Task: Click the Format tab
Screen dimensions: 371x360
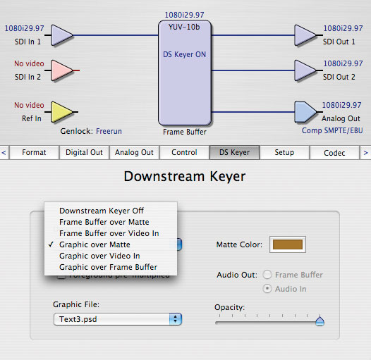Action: pos(34,152)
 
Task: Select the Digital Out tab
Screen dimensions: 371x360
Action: pos(84,152)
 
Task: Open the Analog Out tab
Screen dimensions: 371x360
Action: pos(134,152)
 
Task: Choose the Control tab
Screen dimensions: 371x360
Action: pos(184,152)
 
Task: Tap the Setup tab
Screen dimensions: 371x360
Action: pos(284,152)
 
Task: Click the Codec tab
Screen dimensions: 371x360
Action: pos(334,153)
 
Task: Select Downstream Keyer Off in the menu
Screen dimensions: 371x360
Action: pos(102,211)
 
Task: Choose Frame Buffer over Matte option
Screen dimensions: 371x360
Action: pos(104,222)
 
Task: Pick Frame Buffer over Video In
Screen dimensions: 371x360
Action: pos(109,233)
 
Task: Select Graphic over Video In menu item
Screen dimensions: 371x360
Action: pos(99,256)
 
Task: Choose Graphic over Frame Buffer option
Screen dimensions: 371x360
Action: pos(109,267)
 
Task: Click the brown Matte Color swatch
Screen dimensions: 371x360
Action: pos(288,244)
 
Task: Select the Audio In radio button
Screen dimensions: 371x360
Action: pos(267,289)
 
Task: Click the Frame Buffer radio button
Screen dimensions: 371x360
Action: pos(267,275)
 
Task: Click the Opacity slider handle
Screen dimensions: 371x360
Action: pos(320,321)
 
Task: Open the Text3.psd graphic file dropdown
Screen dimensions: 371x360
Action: pos(118,319)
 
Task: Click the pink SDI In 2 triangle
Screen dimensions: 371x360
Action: pos(62,70)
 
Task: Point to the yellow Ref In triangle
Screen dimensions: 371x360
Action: pos(62,112)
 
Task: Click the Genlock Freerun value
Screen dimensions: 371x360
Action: pos(109,131)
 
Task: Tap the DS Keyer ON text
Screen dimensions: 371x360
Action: pos(185,55)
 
